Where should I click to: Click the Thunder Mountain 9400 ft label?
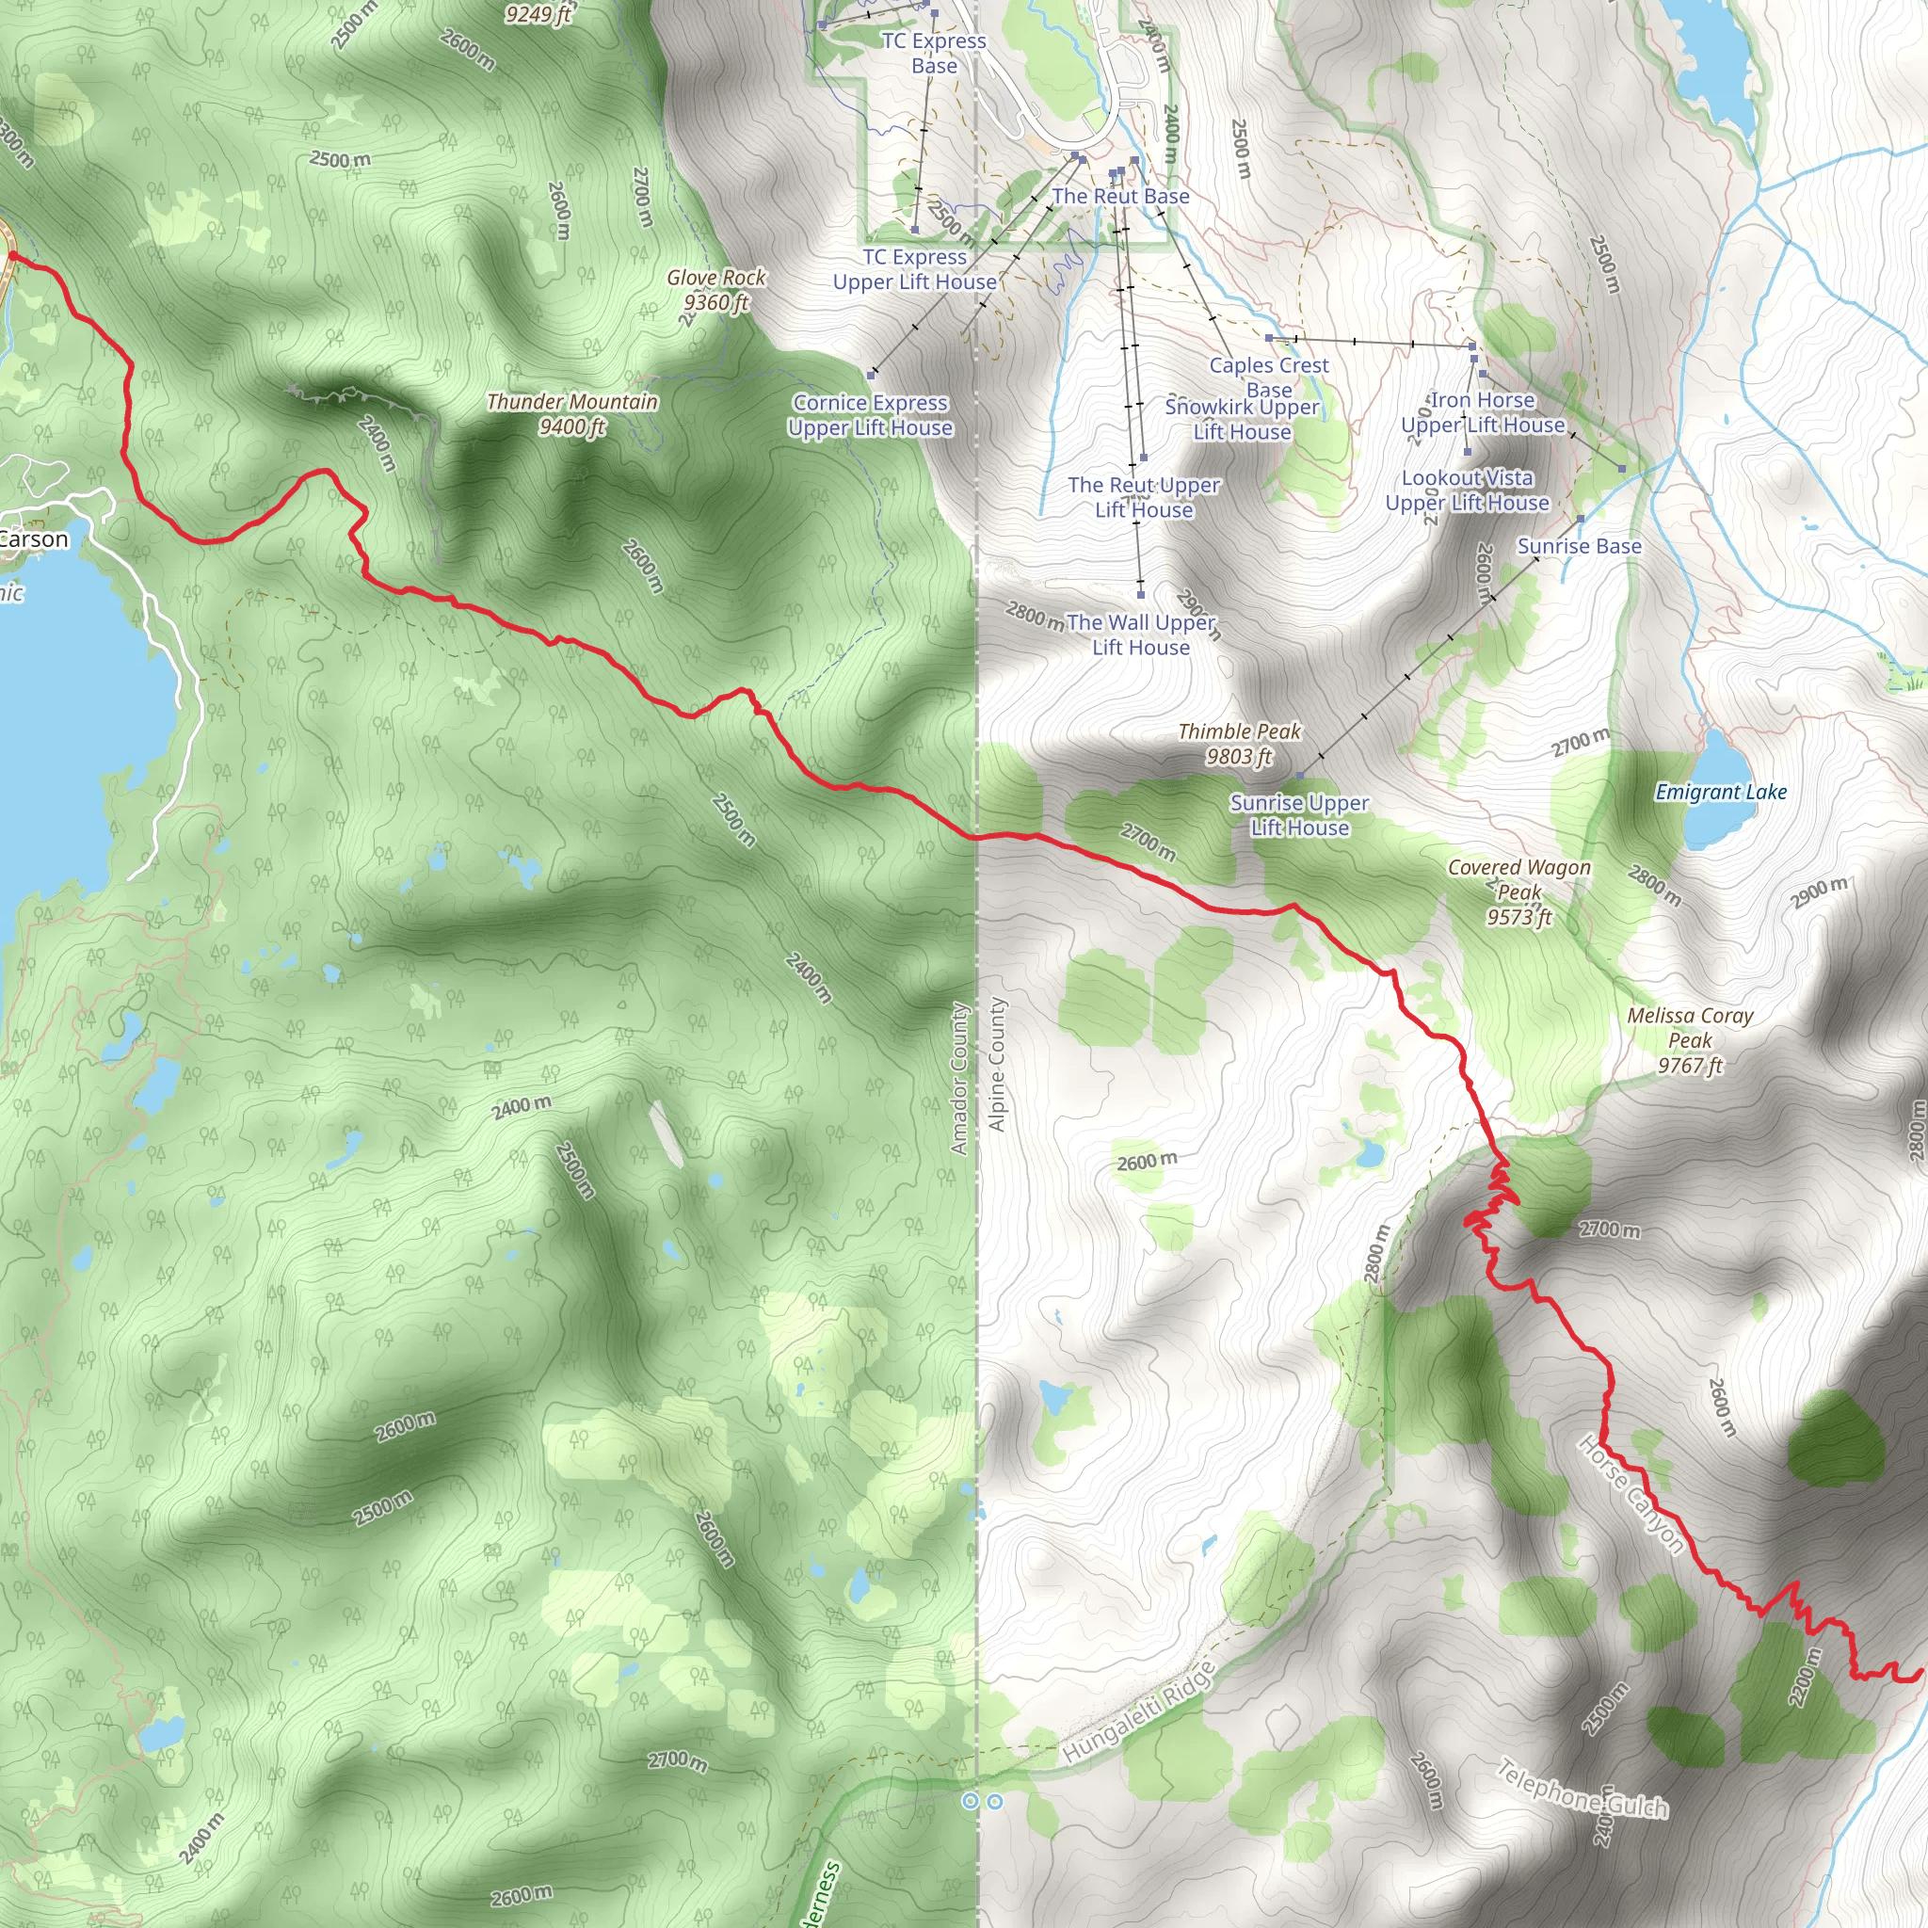click(571, 414)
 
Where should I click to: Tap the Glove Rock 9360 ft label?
click(715, 289)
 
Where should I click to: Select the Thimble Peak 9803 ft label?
click(1239, 744)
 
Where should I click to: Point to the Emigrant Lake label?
click(1721, 792)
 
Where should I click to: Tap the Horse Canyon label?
click(1631, 1494)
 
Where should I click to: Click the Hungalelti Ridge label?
click(1139, 1711)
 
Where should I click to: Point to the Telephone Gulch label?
click(1582, 1789)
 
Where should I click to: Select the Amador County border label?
click(959, 1079)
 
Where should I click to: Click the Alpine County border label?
click(996, 1064)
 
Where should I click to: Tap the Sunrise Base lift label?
click(1579, 546)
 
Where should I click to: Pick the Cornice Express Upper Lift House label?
click(870, 415)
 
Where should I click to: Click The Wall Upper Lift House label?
click(1141, 635)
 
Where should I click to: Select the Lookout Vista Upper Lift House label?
click(1467, 490)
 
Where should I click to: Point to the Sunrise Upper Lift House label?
click(1299, 814)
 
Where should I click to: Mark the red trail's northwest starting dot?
click(13, 256)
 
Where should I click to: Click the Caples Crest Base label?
click(1268, 378)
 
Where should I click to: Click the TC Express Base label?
click(934, 53)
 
